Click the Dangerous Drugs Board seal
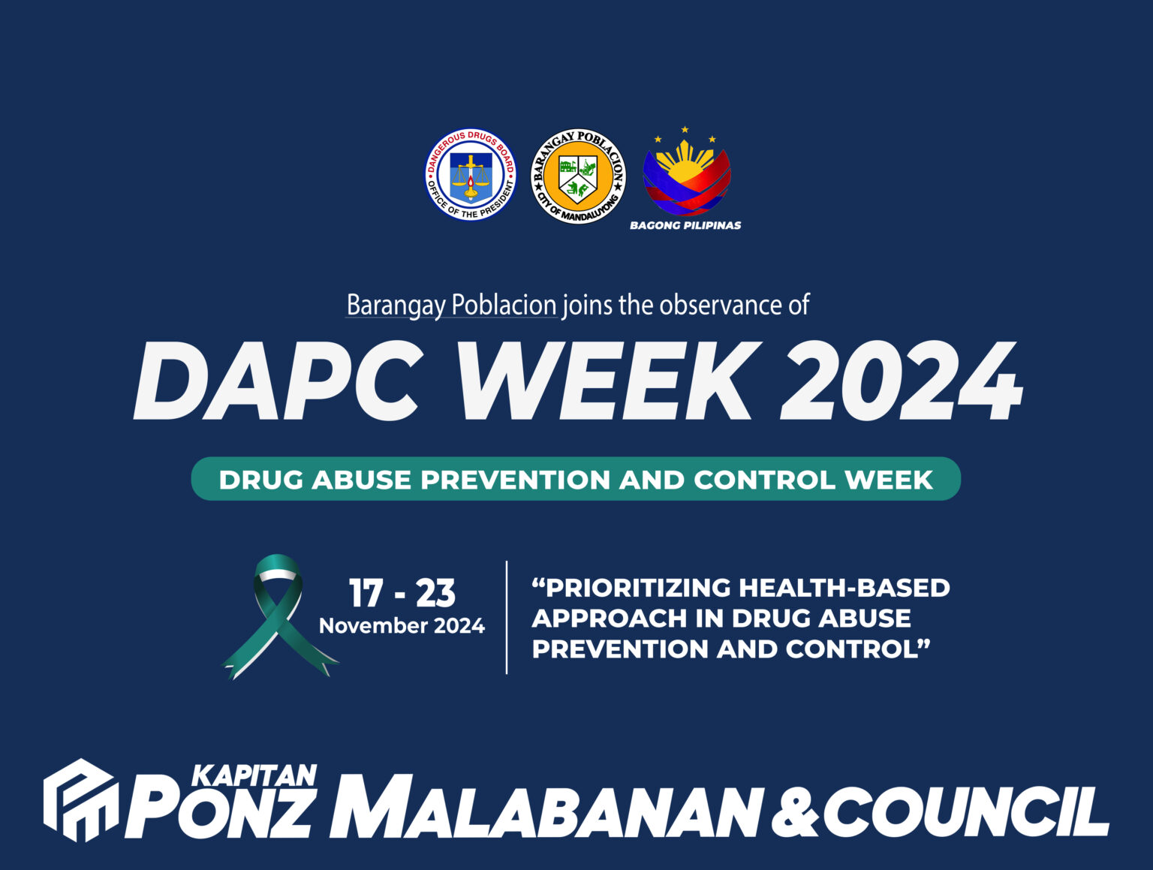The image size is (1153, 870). [471, 175]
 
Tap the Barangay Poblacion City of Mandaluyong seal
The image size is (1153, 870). [578, 176]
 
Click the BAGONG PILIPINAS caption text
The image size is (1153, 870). [685, 225]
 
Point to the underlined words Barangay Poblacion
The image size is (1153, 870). [451, 306]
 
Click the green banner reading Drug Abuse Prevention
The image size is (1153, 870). [576, 479]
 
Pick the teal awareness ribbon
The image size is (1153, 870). [278, 616]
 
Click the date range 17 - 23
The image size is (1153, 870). [402, 593]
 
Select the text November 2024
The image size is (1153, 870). [402, 626]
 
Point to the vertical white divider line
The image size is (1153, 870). [507, 617]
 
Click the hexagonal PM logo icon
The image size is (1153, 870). [80, 800]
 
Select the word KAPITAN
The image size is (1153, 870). [254, 775]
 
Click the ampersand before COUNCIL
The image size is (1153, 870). [796, 813]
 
